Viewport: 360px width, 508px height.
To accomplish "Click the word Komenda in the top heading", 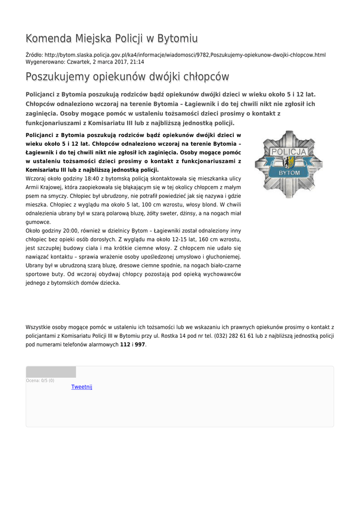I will tap(48, 38).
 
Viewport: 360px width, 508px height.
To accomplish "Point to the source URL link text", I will tap(185, 55).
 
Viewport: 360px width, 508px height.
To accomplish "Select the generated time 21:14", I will tap(137, 62).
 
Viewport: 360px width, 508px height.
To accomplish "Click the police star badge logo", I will tap(288, 164).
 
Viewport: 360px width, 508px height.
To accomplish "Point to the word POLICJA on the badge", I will tap(288, 152).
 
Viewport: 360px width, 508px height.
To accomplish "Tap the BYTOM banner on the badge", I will tap(289, 172).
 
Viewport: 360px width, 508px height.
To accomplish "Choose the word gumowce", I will tap(38, 222).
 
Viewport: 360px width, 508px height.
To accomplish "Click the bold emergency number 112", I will tap(125, 344).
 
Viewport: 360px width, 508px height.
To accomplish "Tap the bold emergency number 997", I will tap(140, 344).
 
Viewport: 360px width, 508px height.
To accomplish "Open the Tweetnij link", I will tap(82, 387).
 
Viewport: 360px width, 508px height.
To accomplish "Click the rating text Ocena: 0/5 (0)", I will tap(40, 381).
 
